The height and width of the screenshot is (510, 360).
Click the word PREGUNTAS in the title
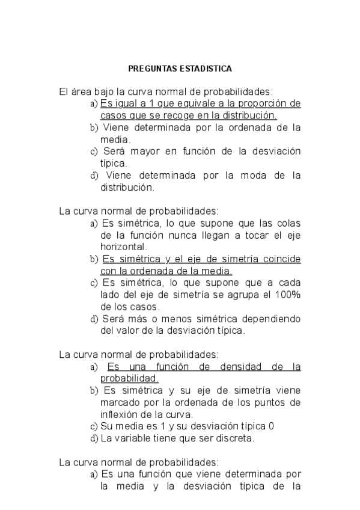tap(153, 69)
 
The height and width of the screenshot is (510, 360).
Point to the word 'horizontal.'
tap(124, 247)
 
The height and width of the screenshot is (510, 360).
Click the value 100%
tap(287, 295)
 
